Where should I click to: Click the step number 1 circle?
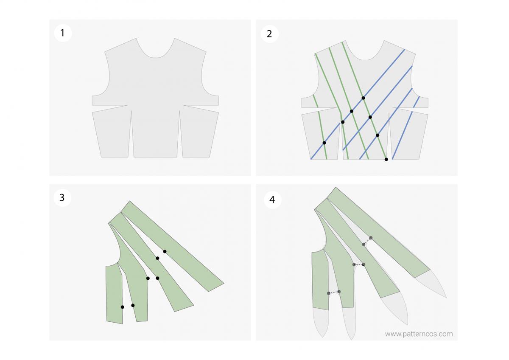coord(63,33)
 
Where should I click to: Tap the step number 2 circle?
coord(269,34)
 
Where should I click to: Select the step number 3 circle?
coord(62,197)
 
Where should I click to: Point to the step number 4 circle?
coord(272,199)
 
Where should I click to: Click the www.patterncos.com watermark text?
coord(418,334)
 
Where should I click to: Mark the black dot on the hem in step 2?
coord(386,159)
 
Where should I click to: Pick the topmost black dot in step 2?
coord(363,98)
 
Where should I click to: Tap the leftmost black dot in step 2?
coord(324,143)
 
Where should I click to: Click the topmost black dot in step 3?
coord(165,252)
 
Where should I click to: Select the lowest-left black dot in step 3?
coord(122,307)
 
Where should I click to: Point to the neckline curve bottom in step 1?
coord(155,57)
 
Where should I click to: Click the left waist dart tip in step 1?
coord(131,111)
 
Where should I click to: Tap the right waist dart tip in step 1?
coord(179,111)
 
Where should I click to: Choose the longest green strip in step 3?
coord(172,246)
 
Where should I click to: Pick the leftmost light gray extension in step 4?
coord(321,321)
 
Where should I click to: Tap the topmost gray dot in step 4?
coord(371,238)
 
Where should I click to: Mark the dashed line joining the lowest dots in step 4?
coord(334,292)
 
